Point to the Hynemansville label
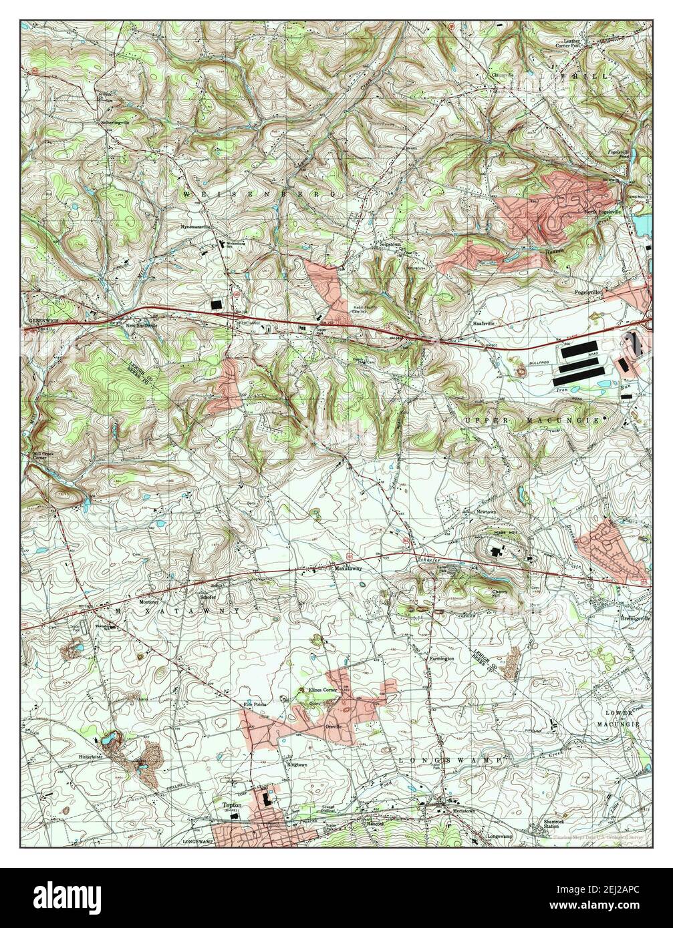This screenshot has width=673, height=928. pos(195,226)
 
